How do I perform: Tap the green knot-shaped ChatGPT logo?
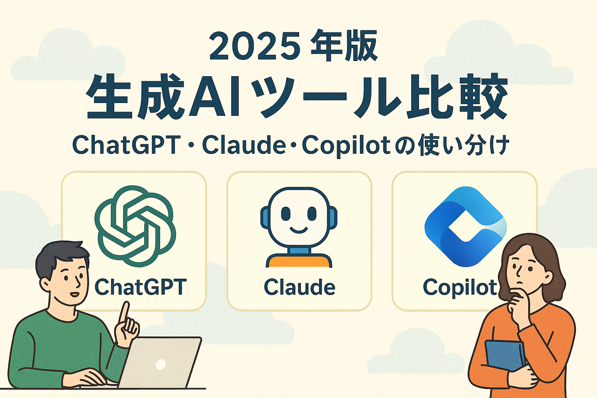(135, 226)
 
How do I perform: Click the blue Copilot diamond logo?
(465, 227)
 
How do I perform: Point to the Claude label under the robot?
(299, 287)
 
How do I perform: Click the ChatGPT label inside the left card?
(140, 286)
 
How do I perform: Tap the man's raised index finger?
(124, 314)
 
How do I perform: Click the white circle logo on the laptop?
(161, 364)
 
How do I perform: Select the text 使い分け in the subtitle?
(463, 145)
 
